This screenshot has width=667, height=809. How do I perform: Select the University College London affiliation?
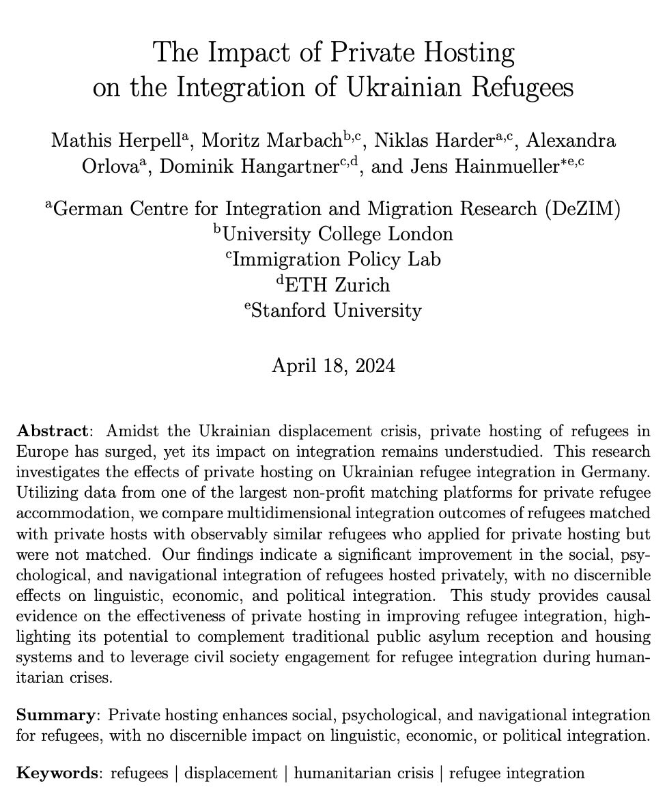click(337, 233)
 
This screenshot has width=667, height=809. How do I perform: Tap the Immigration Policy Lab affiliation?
click(337, 259)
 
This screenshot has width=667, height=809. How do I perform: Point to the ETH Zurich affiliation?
click(337, 285)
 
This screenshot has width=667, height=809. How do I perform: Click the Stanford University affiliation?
click(337, 311)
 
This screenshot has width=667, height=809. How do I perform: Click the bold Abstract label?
click(53, 431)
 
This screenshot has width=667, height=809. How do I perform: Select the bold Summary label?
click(55, 715)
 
